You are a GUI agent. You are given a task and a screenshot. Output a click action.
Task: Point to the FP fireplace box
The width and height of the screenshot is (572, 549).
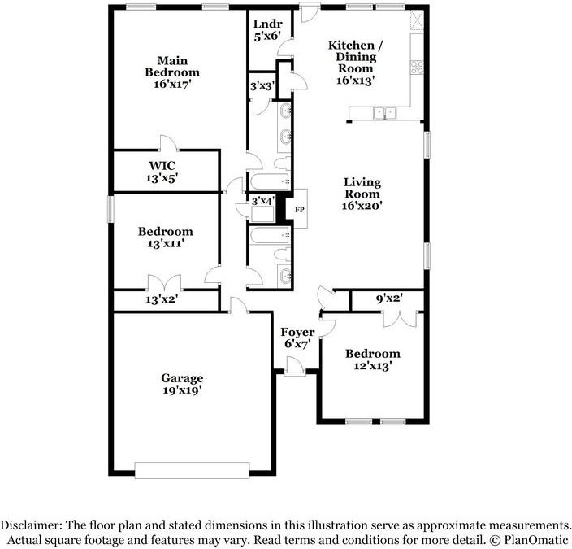298,208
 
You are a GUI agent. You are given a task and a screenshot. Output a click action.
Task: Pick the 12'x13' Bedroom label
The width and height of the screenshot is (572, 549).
373,354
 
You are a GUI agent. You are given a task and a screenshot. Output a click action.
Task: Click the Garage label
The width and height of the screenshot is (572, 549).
181,378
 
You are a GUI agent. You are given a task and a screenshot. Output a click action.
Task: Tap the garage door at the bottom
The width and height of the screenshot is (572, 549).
193,470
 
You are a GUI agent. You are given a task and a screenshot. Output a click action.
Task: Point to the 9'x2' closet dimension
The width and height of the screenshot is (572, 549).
388,299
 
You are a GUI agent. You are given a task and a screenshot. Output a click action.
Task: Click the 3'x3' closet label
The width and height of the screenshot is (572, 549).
261,85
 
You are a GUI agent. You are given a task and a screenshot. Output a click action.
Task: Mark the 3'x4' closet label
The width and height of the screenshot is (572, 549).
262,200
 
